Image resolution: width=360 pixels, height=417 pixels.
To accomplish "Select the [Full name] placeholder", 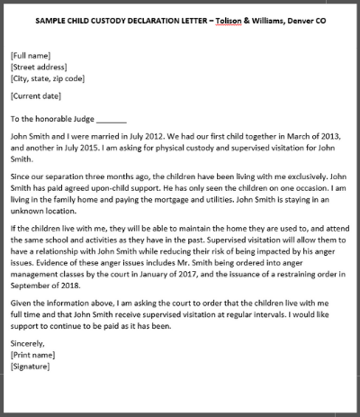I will pyautogui.click(x=31, y=56).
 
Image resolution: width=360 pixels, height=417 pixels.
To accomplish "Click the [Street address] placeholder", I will pyautogui.click(x=38, y=67).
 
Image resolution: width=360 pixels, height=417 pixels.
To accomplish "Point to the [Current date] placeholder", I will pyautogui.click(x=36, y=95).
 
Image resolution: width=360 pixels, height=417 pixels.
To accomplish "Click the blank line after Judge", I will pyautogui.click(x=112, y=118).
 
